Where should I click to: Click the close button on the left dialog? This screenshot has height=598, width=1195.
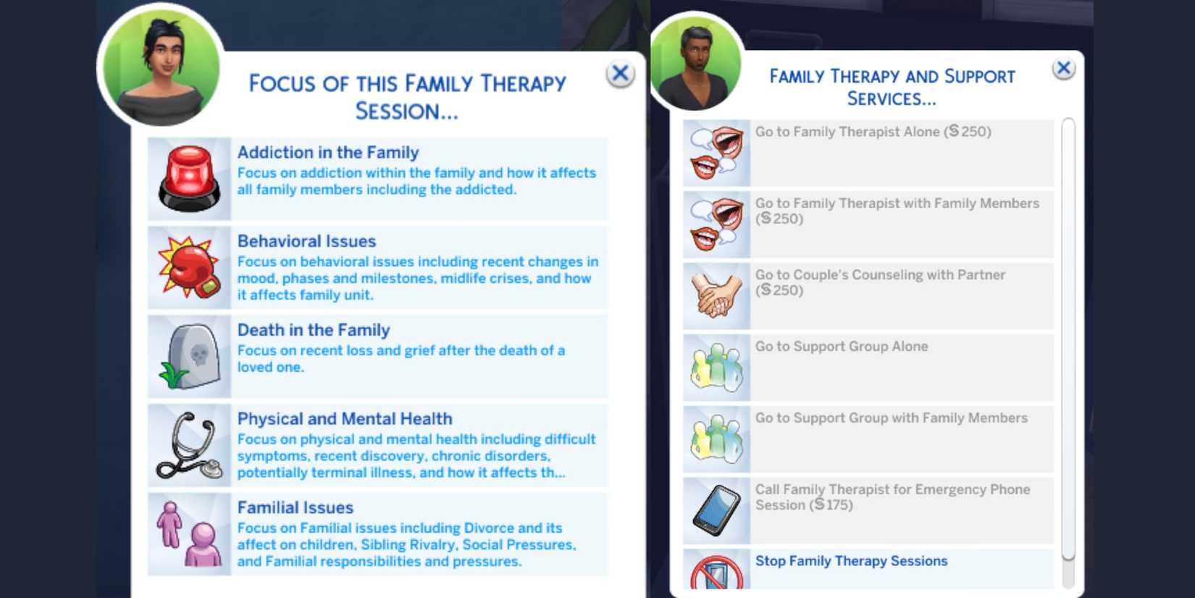[620, 73]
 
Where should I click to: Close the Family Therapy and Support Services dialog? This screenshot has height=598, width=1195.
[1063, 68]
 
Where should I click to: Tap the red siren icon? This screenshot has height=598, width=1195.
[189, 179]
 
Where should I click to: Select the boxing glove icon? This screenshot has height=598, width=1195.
[189, 267]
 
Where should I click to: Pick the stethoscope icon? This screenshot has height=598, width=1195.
[189, 446]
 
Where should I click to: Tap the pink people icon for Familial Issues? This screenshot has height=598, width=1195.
[189, 534]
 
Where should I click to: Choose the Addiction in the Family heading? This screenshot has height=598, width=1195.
[328, 152]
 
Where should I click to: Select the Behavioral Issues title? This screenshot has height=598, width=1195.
[307, 241]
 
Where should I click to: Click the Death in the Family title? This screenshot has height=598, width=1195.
[314, 330]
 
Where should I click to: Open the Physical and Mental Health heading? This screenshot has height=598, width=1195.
[345, 419]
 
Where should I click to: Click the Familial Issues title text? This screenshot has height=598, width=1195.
[295, 507]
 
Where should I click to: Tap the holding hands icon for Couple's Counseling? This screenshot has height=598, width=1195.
[716, 295]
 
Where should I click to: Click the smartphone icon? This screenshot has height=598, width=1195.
[716, 510]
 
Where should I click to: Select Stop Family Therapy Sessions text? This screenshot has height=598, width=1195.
[852, 560]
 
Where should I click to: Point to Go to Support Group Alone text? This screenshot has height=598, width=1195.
[842, 346]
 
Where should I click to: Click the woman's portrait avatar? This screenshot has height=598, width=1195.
[161, 66]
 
